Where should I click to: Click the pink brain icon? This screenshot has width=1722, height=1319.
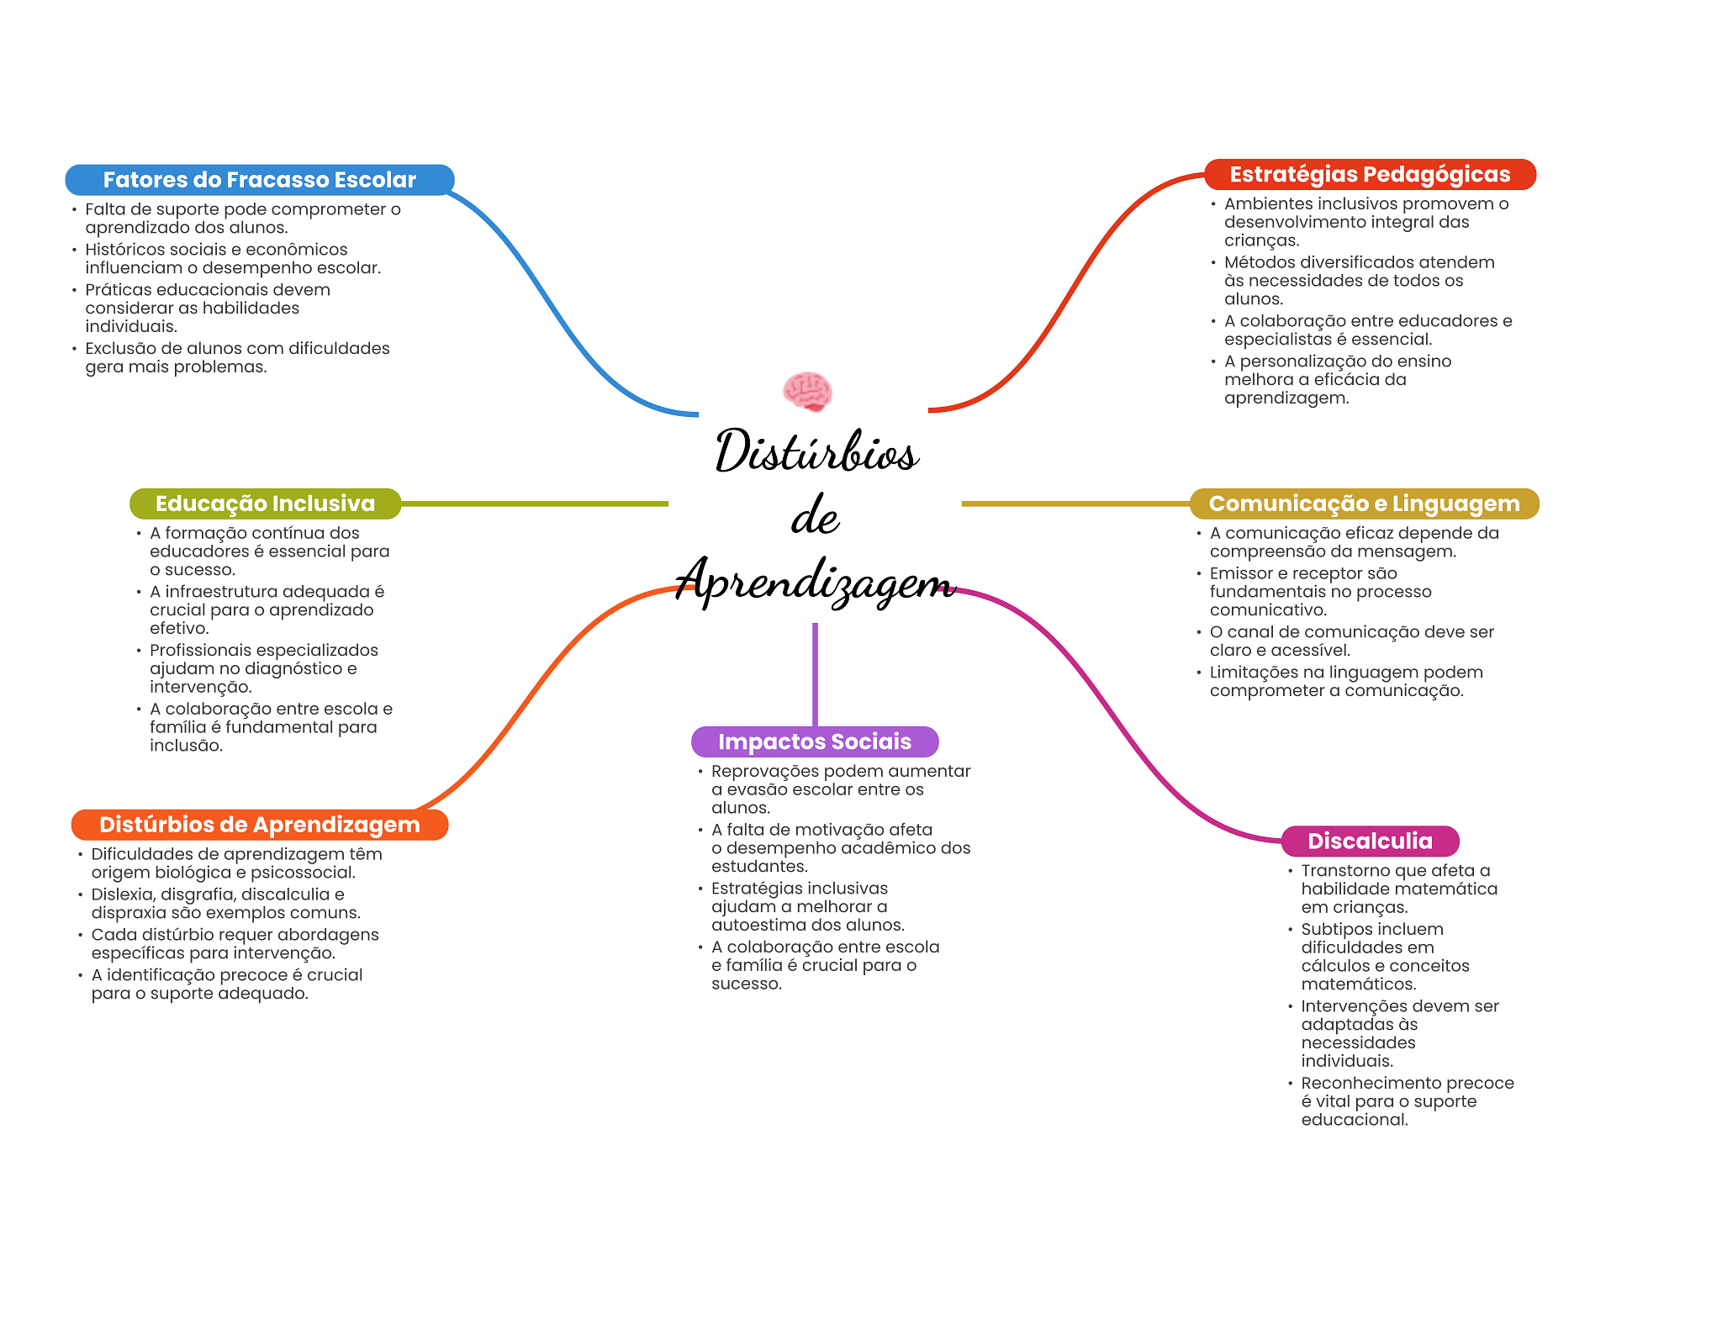tap(807, 392)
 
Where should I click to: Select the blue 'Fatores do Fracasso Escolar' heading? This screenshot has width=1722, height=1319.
tap(259, 180)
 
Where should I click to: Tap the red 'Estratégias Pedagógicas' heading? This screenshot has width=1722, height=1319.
tap(1370, 174)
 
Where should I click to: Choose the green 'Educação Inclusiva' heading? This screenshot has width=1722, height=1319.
tap(265, 504)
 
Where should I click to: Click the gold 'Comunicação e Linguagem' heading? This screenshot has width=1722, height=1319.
tap(1364, 504)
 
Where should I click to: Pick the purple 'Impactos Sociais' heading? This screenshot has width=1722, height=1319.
tap(814, 741)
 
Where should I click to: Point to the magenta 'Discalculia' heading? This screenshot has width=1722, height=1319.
tap(1370, 841)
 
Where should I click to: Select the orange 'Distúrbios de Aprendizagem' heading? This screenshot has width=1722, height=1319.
tap(259, 825)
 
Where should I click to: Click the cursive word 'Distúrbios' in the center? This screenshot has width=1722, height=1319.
tap(816, 451)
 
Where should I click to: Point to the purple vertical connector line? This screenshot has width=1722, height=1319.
tap(815, 673)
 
